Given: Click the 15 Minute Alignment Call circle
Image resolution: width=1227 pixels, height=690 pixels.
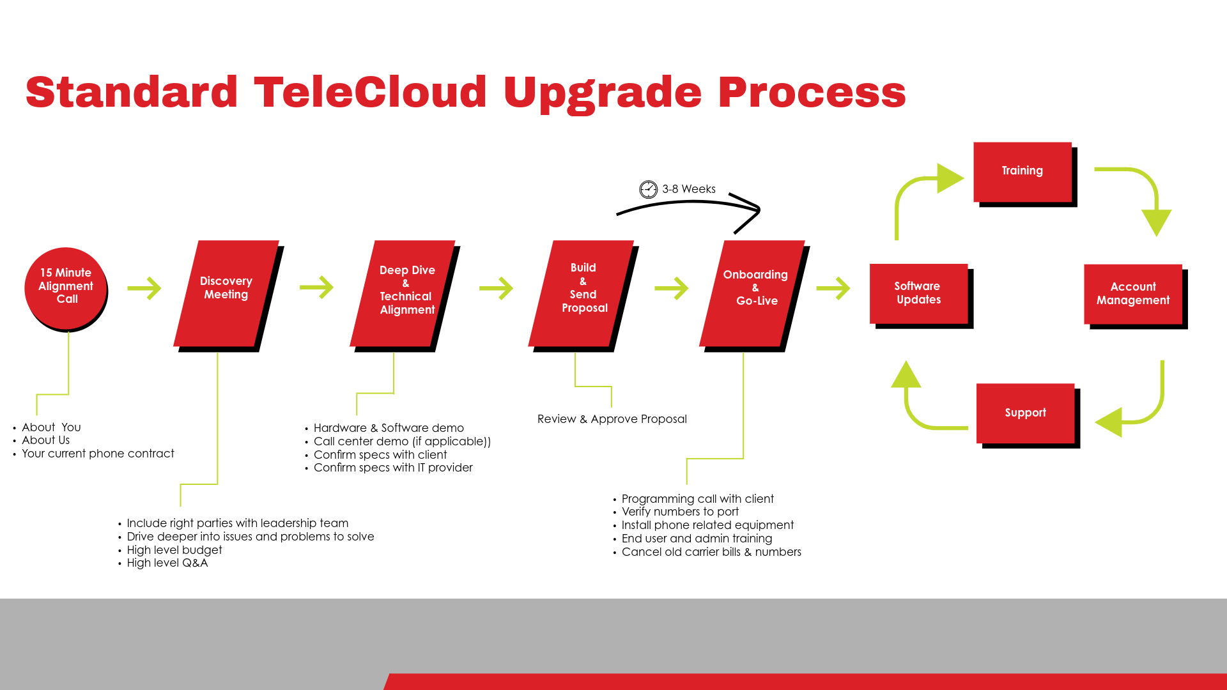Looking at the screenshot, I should click(x=65, y=287).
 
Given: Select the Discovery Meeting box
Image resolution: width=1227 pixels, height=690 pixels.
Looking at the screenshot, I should click(x=226, y=293).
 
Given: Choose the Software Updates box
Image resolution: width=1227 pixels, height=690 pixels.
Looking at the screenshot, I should click(x=918, y=293).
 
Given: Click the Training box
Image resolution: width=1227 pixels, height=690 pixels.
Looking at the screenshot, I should click(x=1022, y=171).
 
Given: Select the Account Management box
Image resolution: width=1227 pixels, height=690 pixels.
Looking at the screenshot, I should click(x=1132, y=294).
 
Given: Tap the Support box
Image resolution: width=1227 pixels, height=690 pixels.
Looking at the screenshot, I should click(x=1025, y=413).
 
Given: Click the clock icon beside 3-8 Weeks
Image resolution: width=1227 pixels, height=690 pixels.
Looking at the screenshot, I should click(x=648, y=189).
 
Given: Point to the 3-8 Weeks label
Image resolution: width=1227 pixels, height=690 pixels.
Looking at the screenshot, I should click(x=689, y=189).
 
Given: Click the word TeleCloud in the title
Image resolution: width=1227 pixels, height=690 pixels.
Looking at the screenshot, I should click(x=370, y=92).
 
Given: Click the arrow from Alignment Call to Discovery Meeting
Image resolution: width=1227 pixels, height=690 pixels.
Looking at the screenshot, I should click(x=144, y=288).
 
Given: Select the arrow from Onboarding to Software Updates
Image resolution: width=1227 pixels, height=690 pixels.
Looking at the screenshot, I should click(x=833, y=288).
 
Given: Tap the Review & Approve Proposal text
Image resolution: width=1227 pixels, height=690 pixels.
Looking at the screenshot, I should click(x=612, y=419).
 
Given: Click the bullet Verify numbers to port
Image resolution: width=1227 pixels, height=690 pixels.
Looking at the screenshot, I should click(x=679, y=512).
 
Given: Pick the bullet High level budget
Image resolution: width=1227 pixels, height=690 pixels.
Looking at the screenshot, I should click(x=174, y=550).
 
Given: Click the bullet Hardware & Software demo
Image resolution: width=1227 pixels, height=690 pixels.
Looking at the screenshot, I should click(x=388, y=428).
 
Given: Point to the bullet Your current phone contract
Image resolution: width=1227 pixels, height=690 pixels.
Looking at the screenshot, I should click(x=97, y=454).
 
